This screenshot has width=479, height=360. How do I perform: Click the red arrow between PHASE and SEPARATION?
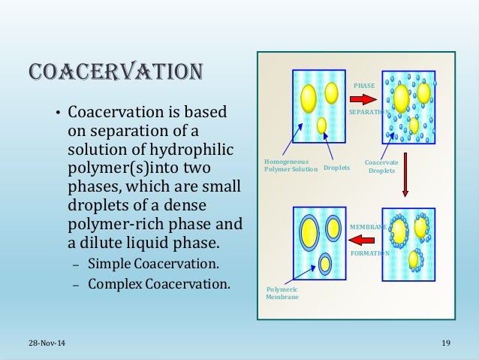coord(365,98)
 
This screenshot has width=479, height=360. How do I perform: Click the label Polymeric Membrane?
coord(282,292)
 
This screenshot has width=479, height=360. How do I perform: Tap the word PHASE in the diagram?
coord(364,86)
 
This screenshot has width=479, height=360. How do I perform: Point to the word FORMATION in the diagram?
coord(369,254)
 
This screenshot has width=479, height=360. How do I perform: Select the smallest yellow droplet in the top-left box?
coord(321,125)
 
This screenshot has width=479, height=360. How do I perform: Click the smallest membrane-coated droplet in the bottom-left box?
coord(325,264)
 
